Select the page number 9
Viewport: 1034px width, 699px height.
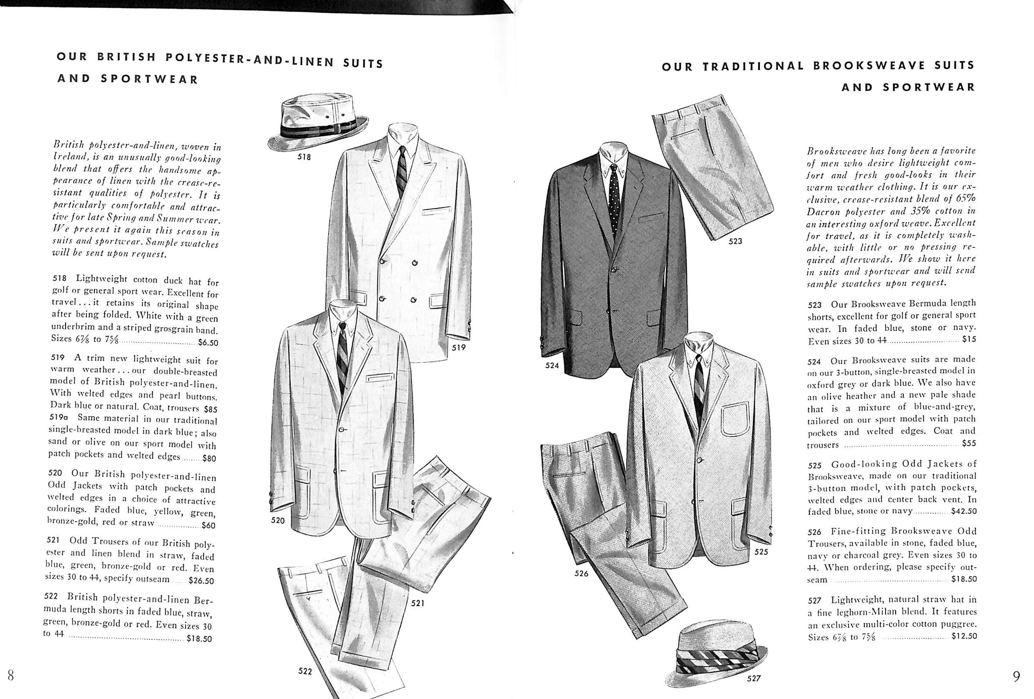[1016, 676]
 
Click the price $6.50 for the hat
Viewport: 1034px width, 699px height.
[208, 342]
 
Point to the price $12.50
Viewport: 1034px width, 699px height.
[964, 636]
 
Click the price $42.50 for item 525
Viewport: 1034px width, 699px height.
[963, 511]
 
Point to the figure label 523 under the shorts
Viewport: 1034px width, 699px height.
[735, 241]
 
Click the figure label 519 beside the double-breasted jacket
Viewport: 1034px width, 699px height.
[458, 347]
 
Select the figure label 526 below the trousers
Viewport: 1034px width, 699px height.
[581, 573]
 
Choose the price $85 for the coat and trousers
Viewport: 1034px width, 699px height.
[207, 409]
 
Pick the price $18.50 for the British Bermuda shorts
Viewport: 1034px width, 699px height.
[199, 639]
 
